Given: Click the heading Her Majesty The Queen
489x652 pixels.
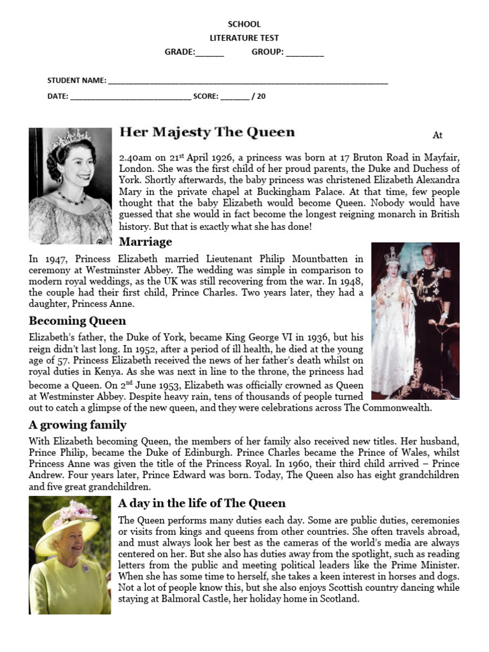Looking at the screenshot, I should tap(207, 132).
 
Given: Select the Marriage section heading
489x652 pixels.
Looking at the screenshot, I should tap(145, 242).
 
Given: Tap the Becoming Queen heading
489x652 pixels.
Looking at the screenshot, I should tap(77, 321).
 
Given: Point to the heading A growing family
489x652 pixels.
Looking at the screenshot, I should tap(77, 425).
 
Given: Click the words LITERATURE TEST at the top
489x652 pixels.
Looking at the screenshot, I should tap(244, 38).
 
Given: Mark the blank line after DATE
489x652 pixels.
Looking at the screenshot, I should tap(130, 98).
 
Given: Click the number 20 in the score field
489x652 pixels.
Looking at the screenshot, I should tap(262, 97).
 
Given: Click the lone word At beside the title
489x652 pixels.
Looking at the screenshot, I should tap(437, 135).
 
